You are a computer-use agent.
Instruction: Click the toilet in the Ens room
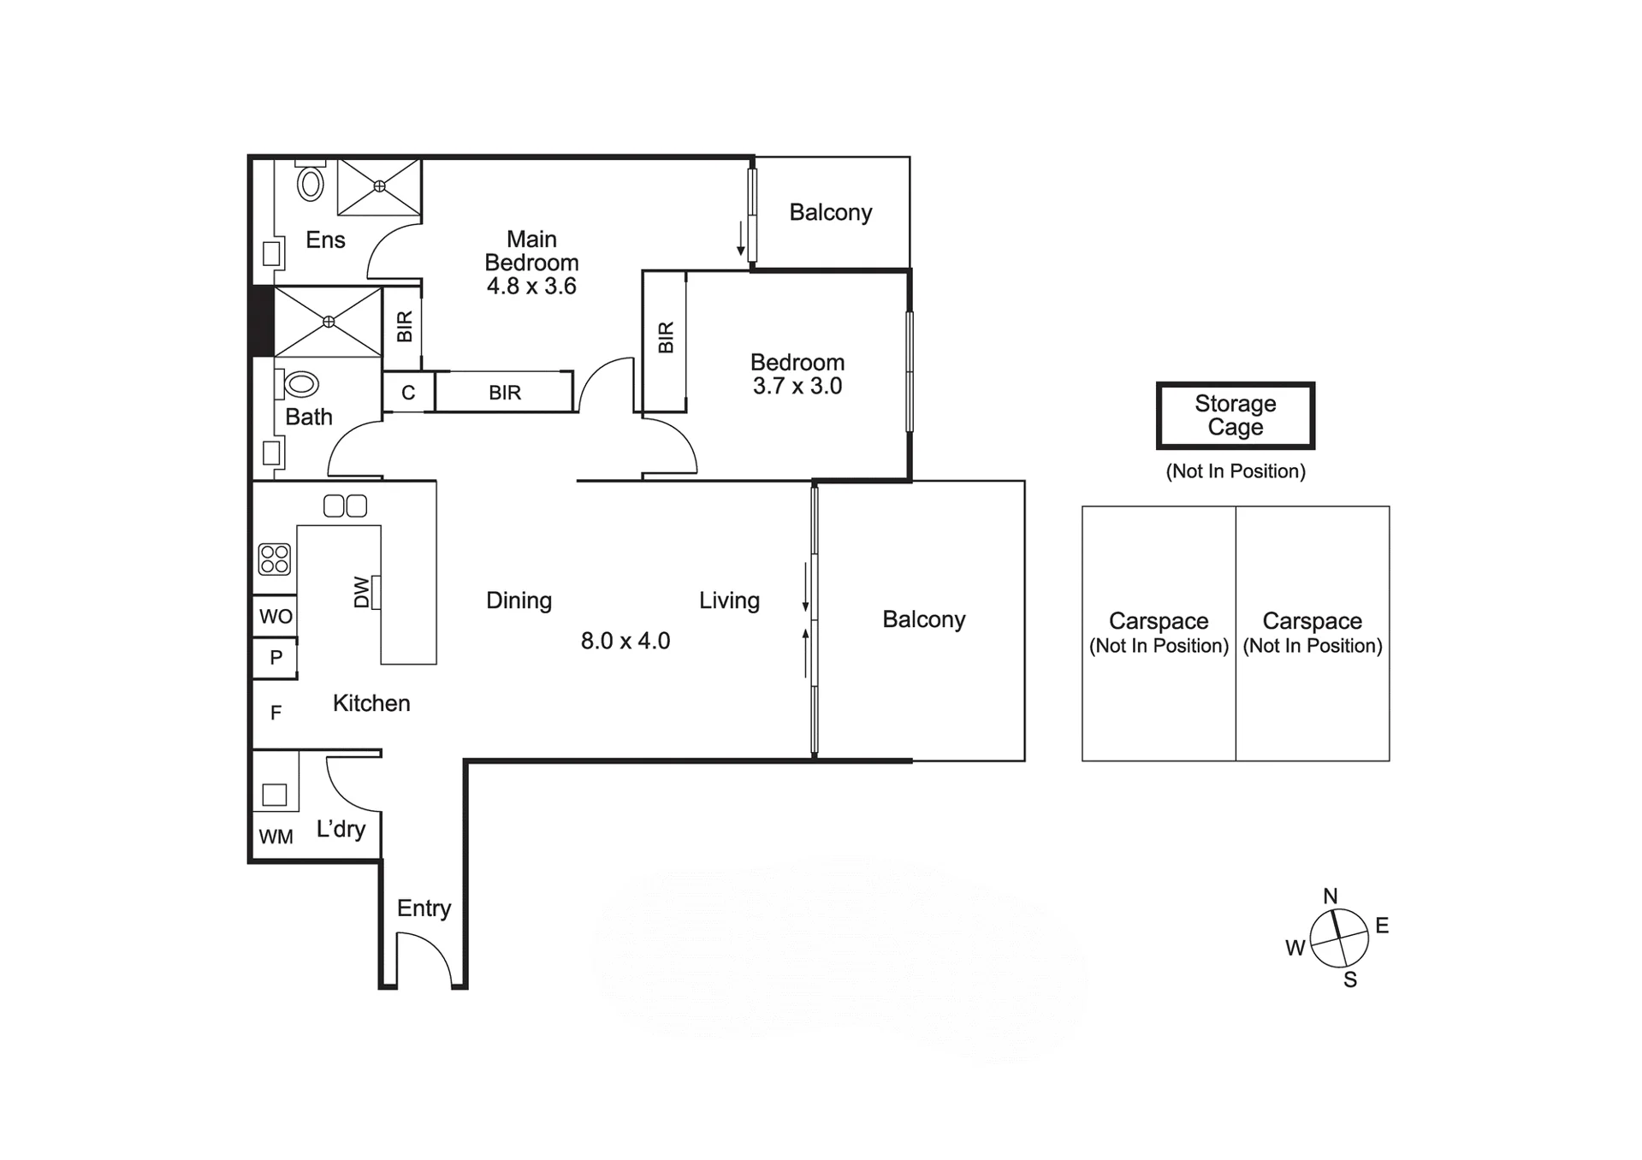pyautogui.click(x=310, y=181)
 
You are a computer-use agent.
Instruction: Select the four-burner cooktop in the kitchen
pyautogui.click(x=275, y=559)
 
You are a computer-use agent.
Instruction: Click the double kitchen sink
pyautogui.click(x=346, y=506)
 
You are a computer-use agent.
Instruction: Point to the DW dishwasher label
pyautogui.click(x=362, y=592)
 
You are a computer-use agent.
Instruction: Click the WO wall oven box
pyautogui.click(x=276, y=616)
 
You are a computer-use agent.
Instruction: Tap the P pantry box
pyautogui.click(x=276, y=658)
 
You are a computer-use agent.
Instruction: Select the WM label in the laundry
pyautogui.click(x=276, y=837)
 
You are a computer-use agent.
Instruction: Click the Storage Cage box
pyautogui.click(x=1236, y=416)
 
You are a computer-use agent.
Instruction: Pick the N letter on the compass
pyautogui.click(x=1330, y=896)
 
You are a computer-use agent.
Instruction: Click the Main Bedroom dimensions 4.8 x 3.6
pyautogui.click(x=531, y=286)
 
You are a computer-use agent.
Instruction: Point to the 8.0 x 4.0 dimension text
pyautogui.click(x=625, y=641)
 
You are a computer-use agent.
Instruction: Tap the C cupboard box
pyautogui.click(x=408, y=393)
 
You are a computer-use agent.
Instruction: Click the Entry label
pyautogui.click(x=424, y=908)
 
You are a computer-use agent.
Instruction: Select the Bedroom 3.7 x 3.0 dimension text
pyautogui.click(x=797, y=386)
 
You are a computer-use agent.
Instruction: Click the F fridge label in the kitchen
pyautogui.click(x=276, y=713)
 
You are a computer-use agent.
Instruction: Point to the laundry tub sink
pyautogui.click(x=275, y=795)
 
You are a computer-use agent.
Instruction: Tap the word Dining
pyautogui.click(x=519, y=601)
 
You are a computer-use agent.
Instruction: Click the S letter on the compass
pyautogui.click(x=1350, y=979)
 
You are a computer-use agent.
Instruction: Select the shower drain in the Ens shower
pyautogui.click(x=379, y=186)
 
